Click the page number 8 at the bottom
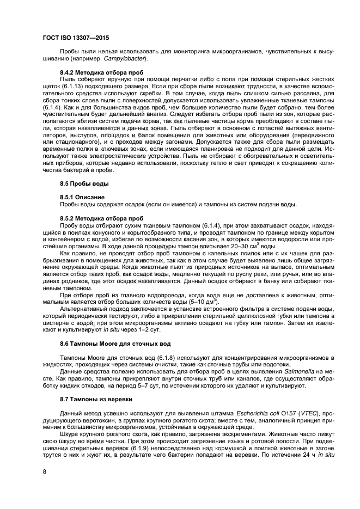(x=45, y=473)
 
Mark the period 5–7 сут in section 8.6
(x=162, y=385)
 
